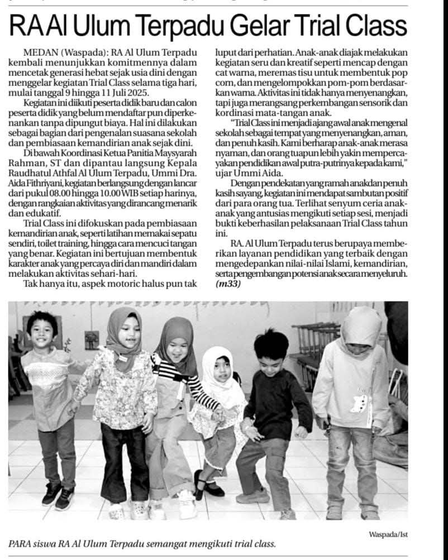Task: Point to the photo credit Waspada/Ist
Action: (388, 534)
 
